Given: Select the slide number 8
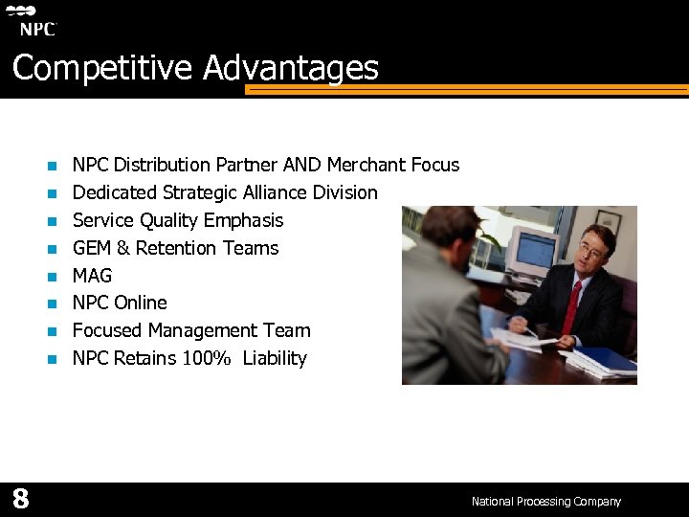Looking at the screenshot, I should [20, 499].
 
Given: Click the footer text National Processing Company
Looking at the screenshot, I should [545, 502].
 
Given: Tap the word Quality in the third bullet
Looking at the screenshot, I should [173, 220].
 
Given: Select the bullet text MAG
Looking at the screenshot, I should [92, 276].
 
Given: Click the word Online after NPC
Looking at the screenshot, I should [140, 303].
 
